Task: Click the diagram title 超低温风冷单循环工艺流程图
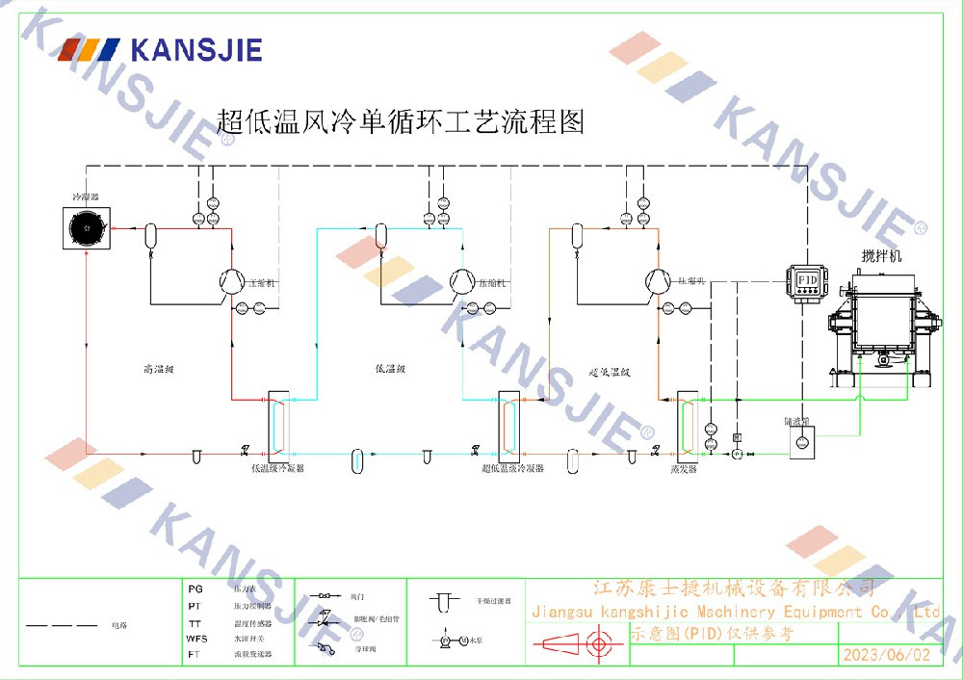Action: pyautogui.click(x=401, y=121)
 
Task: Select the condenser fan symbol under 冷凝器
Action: pyautogui.click(x=86, y=229)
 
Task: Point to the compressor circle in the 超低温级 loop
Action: pyautogui.click(x=657, y=279)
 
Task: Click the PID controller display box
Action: pyautogui.click(x=806, y=278)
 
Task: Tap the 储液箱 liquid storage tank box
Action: pyautogui.click(x=800, y=441)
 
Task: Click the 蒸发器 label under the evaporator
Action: pyautogui.click(x=684, y=469)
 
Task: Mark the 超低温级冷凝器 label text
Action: pyautogui.click(x=512, y=468)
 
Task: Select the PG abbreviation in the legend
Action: pyautogui.click(x=195, y=588)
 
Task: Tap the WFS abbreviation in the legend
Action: pyautogui.click(x=196, y=638)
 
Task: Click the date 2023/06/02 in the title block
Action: pyautogui.click(x=886, y=655)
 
